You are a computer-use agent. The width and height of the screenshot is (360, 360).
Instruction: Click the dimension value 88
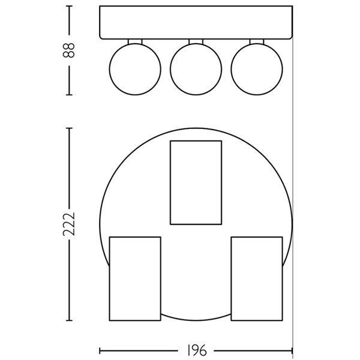[70, 50]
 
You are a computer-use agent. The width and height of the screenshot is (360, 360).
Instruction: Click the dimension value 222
[70, 224]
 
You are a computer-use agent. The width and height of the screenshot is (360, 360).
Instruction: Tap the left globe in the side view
[135, 68]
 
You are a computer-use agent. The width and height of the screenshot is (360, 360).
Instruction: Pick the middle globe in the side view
[196, 68]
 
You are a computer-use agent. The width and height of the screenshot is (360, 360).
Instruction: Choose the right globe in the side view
[256, 68]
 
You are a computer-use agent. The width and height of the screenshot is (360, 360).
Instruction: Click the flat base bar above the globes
[196, 22]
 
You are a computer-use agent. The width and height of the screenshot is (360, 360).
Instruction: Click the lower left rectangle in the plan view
[135, 278]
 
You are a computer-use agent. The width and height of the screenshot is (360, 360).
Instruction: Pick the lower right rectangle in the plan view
[256, 278]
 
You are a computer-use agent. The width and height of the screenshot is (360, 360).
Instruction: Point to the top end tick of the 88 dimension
[70, 7]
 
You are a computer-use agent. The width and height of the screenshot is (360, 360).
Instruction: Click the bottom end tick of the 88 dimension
[70, 94]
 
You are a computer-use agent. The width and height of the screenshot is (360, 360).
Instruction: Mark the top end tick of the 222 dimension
[70, 128]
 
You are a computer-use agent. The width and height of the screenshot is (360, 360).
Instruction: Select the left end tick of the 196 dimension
[100, 350]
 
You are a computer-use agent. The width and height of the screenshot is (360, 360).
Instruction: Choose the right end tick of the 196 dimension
[292, 350]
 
